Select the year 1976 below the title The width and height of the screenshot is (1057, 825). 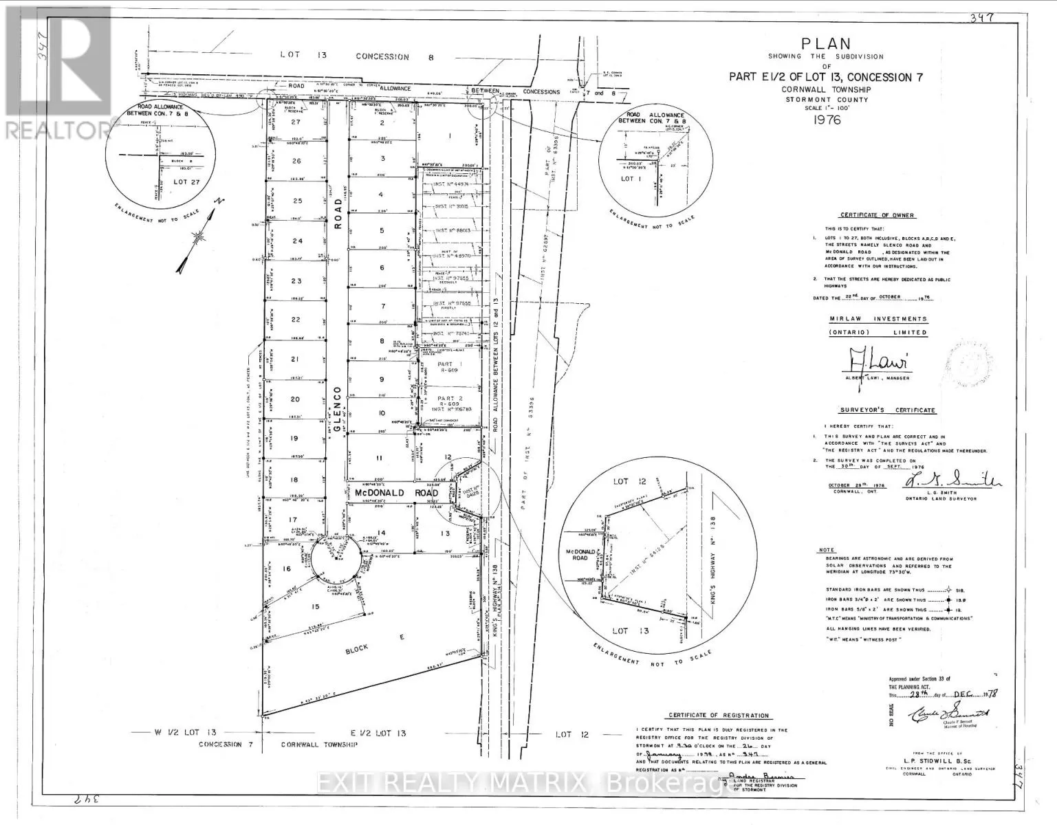click(x=827, y=120)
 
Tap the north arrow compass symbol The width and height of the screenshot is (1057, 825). click(x=197, y=236)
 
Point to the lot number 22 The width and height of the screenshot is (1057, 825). click(x=296, y=320)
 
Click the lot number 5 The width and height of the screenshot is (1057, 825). click(x=382, y=231)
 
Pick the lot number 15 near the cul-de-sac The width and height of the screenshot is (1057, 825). click(x=316, y=606)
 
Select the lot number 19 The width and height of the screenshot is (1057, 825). click(x=294, y=438)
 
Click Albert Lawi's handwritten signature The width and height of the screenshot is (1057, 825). click(x=869, y=360)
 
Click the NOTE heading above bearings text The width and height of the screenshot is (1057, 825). click(x=827, y=550)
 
